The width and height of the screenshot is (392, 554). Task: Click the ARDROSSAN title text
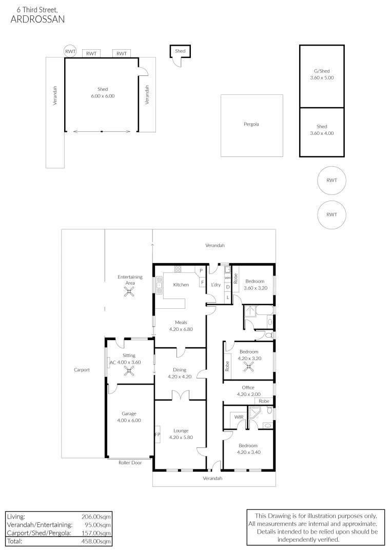click(x=37, y=19)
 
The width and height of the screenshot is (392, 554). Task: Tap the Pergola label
click(x=251, y=124)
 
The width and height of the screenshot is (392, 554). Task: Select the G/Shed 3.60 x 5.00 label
click(x=322, y=74)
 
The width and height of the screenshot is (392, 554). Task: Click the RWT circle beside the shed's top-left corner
click(x=70, y=51)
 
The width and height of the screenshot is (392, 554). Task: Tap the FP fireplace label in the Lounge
click(x=158, y=435)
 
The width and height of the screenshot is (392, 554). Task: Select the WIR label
click(x=239, y=418)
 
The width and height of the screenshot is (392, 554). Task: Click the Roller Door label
click(x=129, y=462)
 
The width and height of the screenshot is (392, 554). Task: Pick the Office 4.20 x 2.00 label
click(x=248, y=391)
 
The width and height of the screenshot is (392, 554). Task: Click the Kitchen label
click(x=181, y=285)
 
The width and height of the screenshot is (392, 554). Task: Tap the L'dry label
click(x=215, y=285)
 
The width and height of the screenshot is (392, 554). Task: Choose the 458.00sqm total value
click(x=95, y=541)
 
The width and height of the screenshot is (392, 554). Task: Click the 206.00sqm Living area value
click(x=95, y=517)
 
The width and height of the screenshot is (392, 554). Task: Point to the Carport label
click(x=82, y=369)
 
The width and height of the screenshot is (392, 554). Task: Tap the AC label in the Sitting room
click(x=112, y=362)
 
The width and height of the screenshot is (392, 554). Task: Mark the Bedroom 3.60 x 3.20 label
click(x=255, y=285)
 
